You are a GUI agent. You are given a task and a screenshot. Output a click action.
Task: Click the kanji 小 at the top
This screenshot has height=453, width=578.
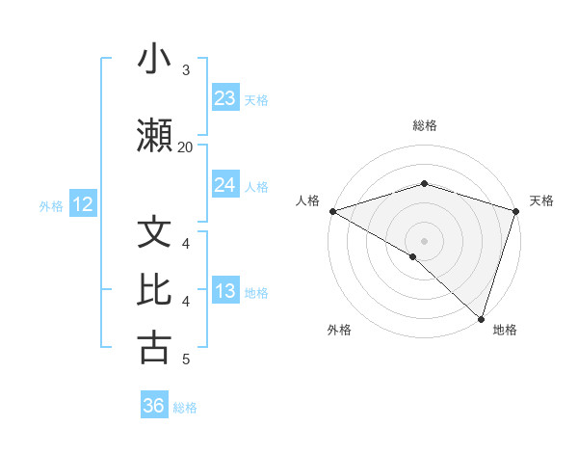tap(153, 60)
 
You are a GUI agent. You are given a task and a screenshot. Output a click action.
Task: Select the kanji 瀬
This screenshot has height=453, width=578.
tap(154, 134)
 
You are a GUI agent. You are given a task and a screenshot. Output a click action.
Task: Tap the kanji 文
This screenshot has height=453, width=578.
tap(154, 233)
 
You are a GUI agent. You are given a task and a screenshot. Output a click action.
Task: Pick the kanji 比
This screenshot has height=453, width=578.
tap(154, 290)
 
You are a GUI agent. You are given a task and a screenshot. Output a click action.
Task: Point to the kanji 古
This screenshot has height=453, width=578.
tap(154, 348)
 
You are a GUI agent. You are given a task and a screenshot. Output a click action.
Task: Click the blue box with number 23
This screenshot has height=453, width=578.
tap(224, 98)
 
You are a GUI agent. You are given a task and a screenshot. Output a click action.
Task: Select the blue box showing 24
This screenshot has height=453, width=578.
tap(224, 185)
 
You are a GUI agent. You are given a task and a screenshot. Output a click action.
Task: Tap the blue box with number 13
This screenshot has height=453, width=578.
tap(224, 291)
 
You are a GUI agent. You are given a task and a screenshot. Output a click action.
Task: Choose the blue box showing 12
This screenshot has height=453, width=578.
tap(82, 204)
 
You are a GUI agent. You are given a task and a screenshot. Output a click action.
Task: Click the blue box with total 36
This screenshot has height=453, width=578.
tap(154, 406)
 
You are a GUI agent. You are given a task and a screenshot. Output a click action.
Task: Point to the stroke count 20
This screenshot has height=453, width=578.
tap(185, 147)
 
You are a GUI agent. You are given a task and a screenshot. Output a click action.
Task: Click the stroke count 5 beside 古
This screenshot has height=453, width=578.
tap(185, 360)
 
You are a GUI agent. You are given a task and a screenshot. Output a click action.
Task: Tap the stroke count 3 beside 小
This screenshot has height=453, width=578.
tap(185, 69)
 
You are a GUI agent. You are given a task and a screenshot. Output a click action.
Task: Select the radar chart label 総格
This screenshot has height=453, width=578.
tap(424, 125)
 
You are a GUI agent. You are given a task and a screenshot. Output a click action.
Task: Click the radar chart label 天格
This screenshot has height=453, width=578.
tap(541, 200)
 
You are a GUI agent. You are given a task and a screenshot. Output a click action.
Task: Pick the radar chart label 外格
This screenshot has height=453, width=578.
tap(339, 330)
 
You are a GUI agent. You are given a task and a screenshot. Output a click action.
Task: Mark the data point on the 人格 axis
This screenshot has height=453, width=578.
tap(332, 211)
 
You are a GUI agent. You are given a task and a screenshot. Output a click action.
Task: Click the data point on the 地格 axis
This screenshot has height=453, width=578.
tap(481, 319)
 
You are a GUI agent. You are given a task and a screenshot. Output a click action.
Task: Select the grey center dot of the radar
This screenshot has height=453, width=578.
tap(424, 240)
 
